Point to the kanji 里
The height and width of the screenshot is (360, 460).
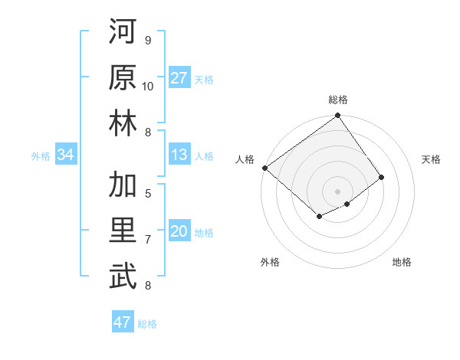point(123,231)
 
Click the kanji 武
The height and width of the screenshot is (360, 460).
point(123,277)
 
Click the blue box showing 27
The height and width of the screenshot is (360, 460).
point(179,78)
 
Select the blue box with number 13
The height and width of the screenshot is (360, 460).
point(179,155)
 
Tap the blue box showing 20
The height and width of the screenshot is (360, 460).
point(179,232)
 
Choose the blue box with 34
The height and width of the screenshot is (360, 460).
point(65,155)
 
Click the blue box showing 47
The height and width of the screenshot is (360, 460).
point(122,322)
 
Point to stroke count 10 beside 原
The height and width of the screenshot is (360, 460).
point(148,87)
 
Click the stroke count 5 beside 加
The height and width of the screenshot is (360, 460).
point(148,193)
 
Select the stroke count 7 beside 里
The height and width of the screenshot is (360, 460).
point(148,240)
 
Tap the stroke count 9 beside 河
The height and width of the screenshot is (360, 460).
point(148,40)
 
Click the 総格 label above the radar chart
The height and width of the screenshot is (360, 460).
point(337,100)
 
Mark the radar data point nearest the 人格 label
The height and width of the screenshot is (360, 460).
point(264,168)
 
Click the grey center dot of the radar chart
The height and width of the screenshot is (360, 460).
point(337,191)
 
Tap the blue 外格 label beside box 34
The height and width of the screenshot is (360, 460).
point(41,156)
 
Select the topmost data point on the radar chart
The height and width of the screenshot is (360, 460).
point(337,116)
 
